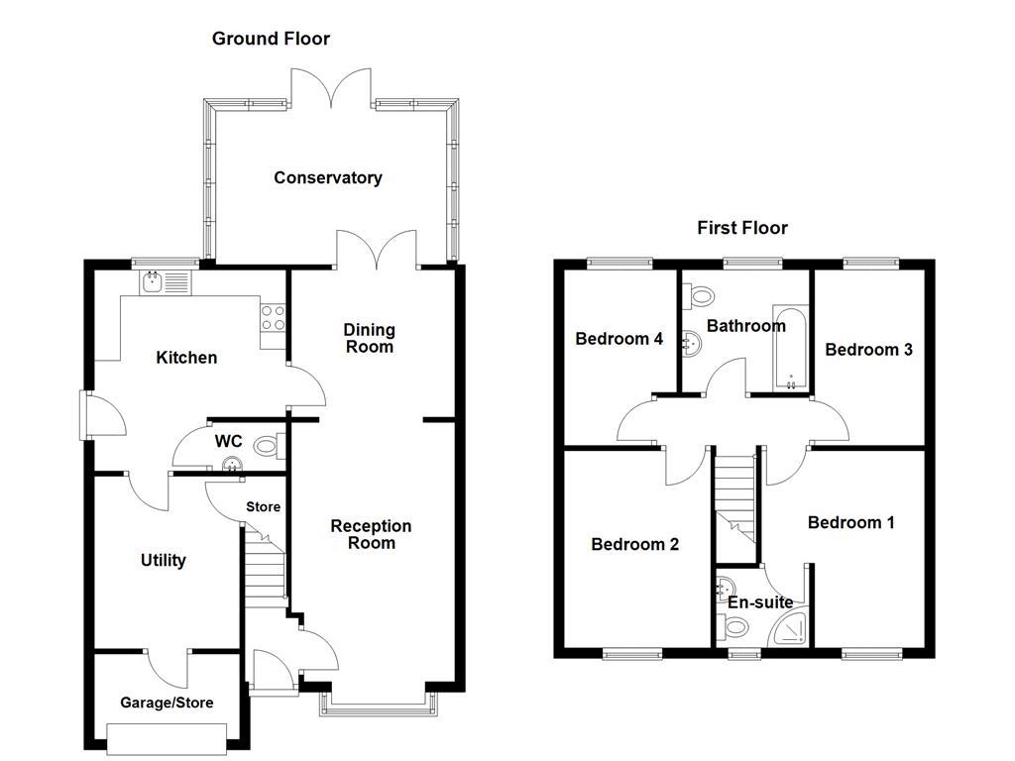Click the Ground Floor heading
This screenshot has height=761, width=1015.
coord(271,39)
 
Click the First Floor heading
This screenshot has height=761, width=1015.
coord(742,228)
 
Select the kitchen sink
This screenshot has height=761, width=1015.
coord(165,283)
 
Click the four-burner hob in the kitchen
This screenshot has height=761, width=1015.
coord(274,317)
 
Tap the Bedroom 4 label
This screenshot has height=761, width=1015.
coord(620,339)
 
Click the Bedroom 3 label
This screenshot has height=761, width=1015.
coord(868,350)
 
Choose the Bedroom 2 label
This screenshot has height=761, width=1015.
coord(634,544)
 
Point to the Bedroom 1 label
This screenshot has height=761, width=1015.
coord(850,522)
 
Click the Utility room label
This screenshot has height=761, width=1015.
coord(163,561)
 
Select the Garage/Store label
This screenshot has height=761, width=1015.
coord(167,704)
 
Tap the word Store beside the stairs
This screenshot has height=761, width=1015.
coord(264,507)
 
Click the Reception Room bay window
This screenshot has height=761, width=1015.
coord(377,707)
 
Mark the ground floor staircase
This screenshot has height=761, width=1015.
coord(265,570)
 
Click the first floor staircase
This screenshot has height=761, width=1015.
coord(734,495)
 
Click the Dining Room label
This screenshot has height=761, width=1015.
coord(369,338)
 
